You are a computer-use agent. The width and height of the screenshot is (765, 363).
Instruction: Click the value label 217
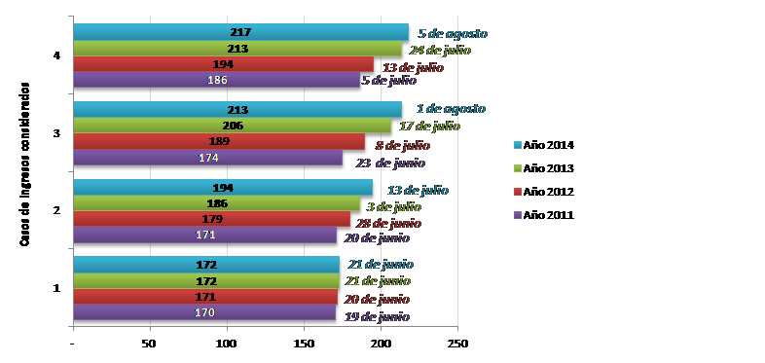pyautogui.click(x=241, y=33)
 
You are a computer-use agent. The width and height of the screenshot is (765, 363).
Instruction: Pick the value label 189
pyautogui.click(x=224, y=141)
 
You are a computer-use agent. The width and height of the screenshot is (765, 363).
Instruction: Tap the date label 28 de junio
pyautogui.click(x=395, y=219)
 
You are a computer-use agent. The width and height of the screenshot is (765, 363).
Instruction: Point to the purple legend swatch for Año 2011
pyautogui.click(x=517, y=215)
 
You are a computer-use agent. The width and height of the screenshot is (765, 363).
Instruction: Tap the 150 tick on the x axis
pyautogui.click(x=304, y=345)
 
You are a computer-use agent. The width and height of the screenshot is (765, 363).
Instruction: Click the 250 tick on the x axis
pyautogui.click(x=458, y=345)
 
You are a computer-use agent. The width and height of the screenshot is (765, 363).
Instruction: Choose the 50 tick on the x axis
pyautogui.click(x=150, y=345)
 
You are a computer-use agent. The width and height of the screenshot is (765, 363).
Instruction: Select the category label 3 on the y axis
pyautogui.click(x=57, y=132)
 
